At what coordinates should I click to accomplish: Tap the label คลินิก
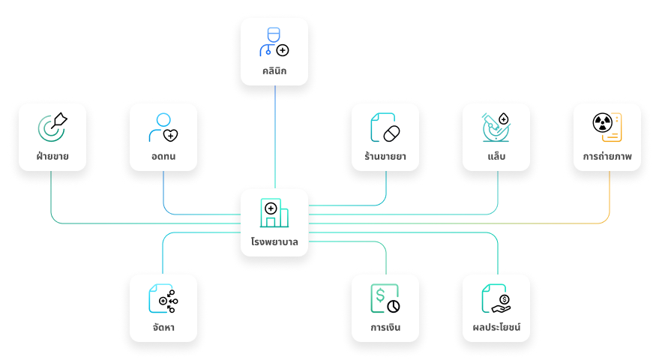pos(274,72)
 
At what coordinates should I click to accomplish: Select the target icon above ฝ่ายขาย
pos(52,127)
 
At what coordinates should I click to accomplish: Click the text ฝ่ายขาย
pos(52,157)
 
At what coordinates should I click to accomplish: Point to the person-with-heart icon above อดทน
pos(163,127)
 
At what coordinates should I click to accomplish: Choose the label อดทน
pos(163,157)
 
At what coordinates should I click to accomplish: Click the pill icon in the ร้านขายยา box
pos(385,127)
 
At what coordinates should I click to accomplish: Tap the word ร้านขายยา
pos(385,157)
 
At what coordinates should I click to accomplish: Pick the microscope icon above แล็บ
pos(496,127)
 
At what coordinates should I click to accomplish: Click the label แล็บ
pos(496,157)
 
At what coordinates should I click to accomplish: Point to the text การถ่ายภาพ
pos(607,157)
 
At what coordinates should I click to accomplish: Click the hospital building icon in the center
pos(274,213)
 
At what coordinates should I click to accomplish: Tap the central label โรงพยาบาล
pos(274,242)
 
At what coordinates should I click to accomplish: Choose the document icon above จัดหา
pos(163,298)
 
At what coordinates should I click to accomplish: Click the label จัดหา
pos(163,328)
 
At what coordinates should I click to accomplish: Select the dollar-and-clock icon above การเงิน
pos(385,298)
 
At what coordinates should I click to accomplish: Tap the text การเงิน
pos(385,328)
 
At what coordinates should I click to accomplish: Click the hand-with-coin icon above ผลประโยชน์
pos(496,298)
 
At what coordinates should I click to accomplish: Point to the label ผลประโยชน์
pos(496,328)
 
